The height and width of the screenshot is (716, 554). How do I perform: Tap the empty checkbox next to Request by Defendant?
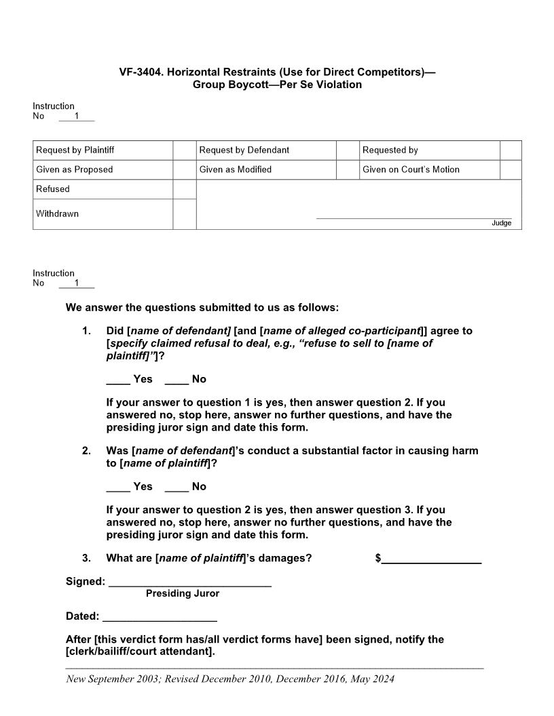(x=348, y=151)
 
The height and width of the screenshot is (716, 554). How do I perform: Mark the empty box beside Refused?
(x=184, y=189)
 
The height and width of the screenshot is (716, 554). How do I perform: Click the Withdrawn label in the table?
(x=57, y=214)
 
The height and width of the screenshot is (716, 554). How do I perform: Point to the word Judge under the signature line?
(x=501, y=223)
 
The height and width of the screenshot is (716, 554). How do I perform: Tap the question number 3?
(x=86, y=558)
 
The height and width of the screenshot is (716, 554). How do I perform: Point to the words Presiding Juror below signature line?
(x=183, y=594)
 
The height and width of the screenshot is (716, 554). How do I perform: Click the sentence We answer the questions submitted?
(x=202, y=308)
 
